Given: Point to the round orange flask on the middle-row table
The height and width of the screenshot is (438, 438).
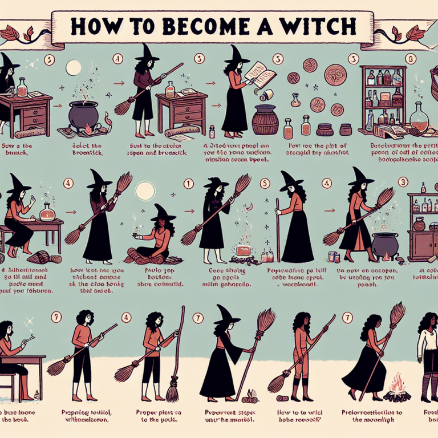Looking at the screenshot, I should point(46,214).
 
